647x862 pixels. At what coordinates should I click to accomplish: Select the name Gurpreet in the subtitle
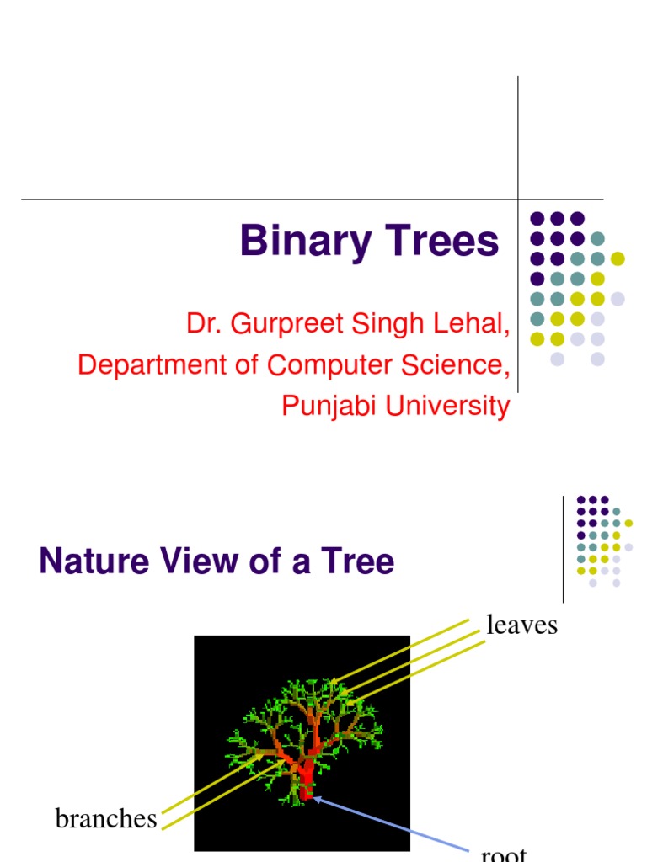pyautogui.click(x=273, y=324)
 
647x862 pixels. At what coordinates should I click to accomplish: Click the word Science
pyautogui.click(x=459, y=365)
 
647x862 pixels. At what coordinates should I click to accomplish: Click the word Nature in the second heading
pyautogui.click(x=87, y=561)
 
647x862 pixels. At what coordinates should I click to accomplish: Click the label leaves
pyautogui.click(x=522, y=625)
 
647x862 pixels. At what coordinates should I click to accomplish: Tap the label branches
pyautogui.click(x=106, y=818)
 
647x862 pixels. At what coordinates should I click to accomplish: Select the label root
pyautogui.click(x=504, y=854)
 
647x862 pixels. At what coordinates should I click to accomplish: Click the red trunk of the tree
pyautogui.click(x=306, y=779)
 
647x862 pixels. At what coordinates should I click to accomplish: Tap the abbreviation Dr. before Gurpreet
pyautogui.click(x=201, y=324)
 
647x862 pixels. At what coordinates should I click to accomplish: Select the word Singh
pyautogui.click(x=378, y=324)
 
